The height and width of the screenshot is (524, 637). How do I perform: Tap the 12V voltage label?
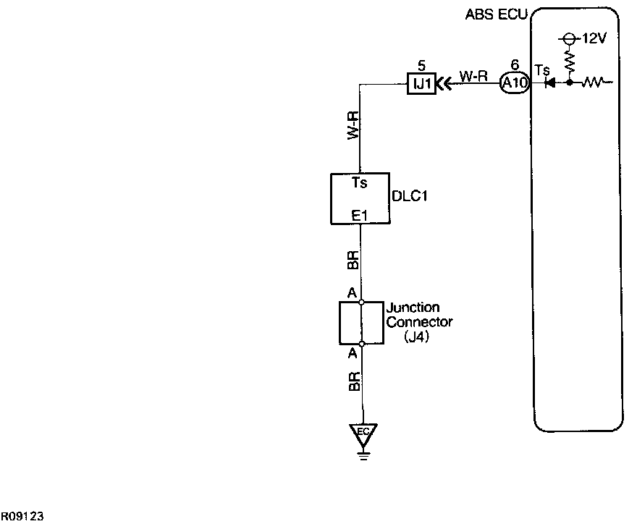click(591, 38)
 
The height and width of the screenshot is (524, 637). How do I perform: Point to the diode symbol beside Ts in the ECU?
click(550, 83)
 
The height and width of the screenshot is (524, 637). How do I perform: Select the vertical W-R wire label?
click(352, 125)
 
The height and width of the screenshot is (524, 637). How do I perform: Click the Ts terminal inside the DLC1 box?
click(360, 183)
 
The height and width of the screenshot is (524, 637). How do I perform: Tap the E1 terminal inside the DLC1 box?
click(360, 215)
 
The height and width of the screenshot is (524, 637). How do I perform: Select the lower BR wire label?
click(352, 383)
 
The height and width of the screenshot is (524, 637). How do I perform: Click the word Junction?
click(413, 308)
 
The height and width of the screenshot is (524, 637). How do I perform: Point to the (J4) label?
click(417, 336)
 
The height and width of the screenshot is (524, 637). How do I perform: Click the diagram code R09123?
click(22, 516)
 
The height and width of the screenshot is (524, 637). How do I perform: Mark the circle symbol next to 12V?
click(569, 38)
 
